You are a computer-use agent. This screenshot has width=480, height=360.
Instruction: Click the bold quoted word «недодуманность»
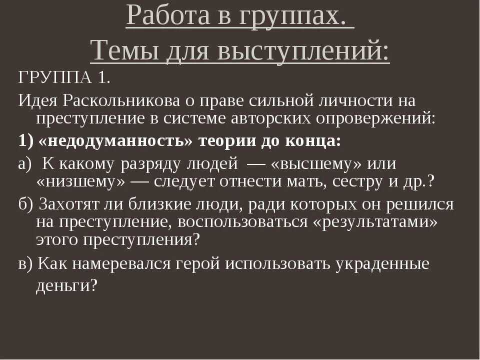coord(115,141)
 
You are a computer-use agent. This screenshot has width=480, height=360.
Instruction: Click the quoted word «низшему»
coord(80,181)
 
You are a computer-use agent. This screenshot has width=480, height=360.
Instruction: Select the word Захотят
coord(75,204)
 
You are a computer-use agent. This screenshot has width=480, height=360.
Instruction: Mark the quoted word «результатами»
coord(375,222)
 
